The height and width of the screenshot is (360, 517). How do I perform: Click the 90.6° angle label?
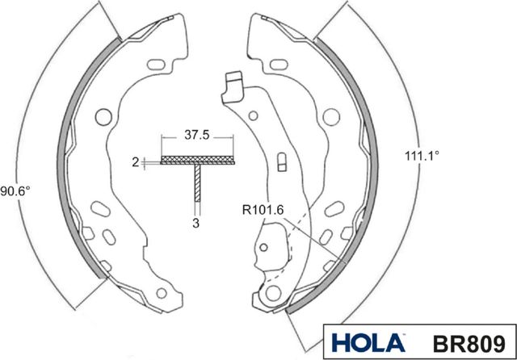pos(15,191)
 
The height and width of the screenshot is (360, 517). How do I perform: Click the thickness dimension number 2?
pos(136,161)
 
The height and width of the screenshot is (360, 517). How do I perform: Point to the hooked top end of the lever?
pos(233,83)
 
